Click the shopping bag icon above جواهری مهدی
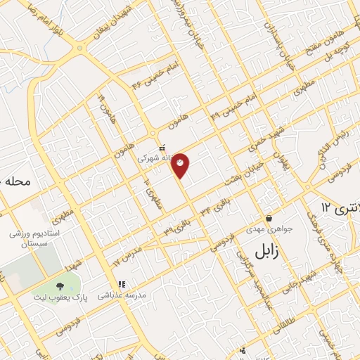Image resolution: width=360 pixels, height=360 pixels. tap(269, 218)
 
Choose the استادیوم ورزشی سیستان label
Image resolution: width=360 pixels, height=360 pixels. tap(34, 237)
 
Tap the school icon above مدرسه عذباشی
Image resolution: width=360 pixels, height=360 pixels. tap(122, 285)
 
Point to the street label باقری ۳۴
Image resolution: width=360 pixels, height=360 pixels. tap(214, 204)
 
